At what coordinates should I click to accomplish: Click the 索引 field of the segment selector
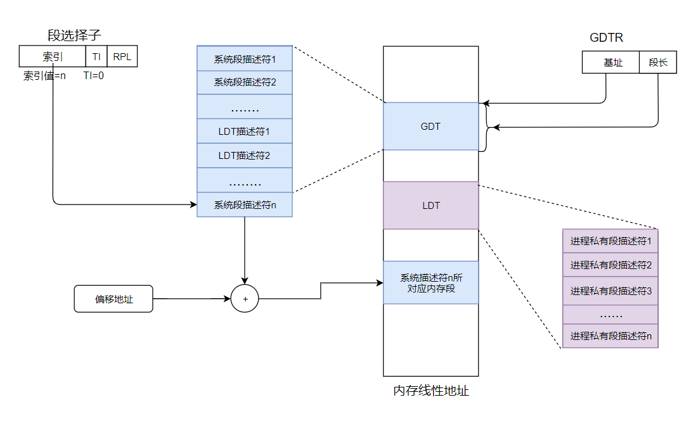pos(52,56)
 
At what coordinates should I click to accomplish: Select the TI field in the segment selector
pos(96,56)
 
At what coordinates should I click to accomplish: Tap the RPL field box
pos(122,56)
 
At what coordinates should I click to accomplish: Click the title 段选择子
pos(74,36)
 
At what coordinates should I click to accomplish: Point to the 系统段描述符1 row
pos(245,58)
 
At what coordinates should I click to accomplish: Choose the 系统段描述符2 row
pos(245,82)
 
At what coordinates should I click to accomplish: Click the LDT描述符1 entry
pos(245,131)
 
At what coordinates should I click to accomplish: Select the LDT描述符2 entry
pos(245,155)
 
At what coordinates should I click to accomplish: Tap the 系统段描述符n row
pos(245,204)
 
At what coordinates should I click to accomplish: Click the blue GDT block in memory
pos(430,126)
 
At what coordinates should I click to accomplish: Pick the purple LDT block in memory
pos(430,205)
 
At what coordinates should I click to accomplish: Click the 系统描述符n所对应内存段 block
pos(430,282)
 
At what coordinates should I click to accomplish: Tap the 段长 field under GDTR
pos(658,63)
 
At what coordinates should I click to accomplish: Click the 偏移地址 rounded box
pos(114,299)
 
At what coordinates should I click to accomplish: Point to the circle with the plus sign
pos(245,299)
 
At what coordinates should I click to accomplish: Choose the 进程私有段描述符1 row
pos(611,241)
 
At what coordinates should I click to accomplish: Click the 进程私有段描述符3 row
pos(611,291)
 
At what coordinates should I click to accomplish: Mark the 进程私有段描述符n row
pos(611,336)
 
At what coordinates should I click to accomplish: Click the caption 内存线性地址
pos(431,391)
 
